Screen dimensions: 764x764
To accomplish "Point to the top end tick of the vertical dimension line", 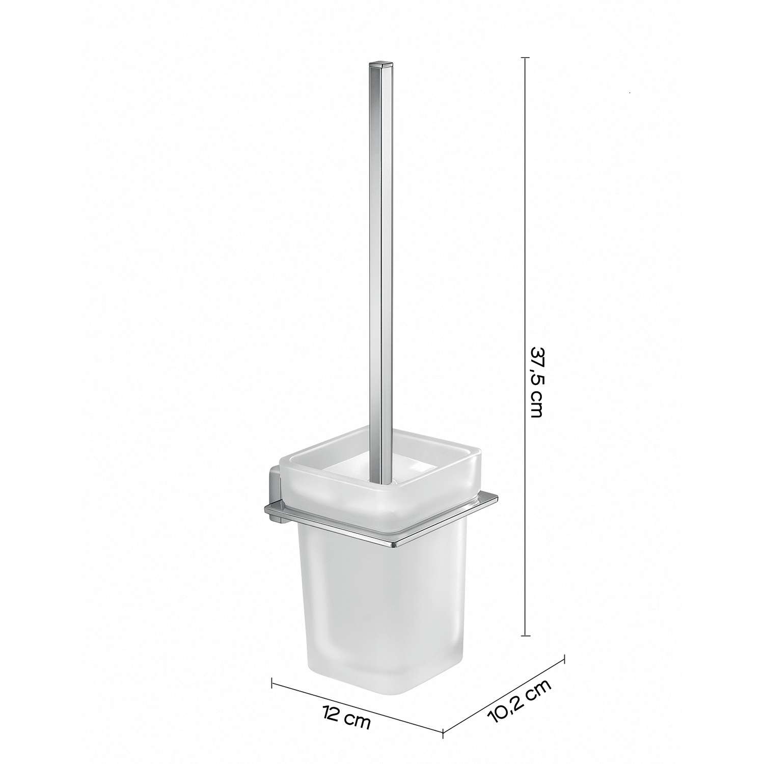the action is [525, 58].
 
